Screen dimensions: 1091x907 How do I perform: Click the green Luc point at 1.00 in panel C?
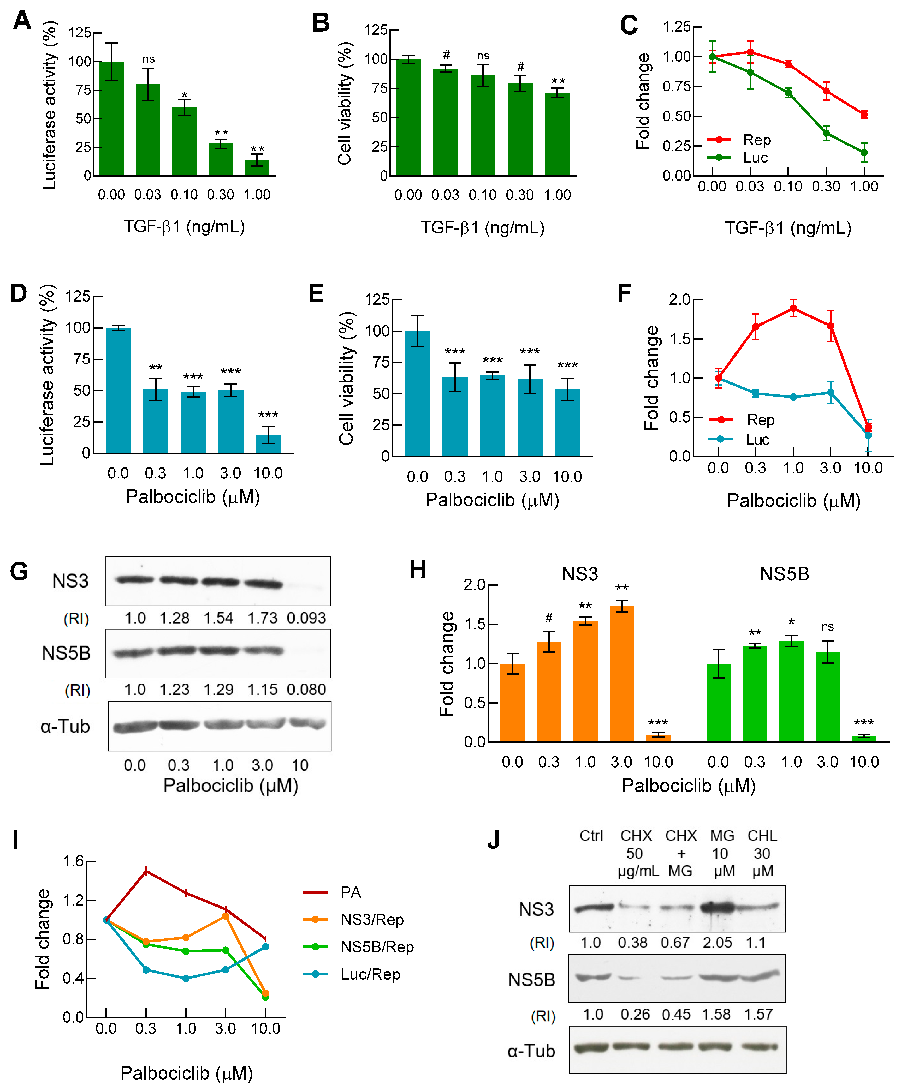pos(864,153)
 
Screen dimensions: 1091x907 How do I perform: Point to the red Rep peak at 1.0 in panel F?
pos(793,309)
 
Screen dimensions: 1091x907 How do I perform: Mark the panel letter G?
pos(19,572)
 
